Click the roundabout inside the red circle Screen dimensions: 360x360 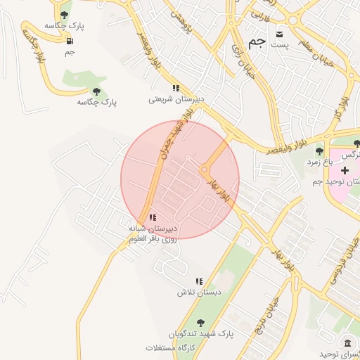[x=205, y=169]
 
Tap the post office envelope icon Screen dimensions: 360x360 [x=280, y=34]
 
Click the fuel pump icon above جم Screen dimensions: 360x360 [x=70, y=40]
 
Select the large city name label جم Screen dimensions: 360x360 [x=257, y=41]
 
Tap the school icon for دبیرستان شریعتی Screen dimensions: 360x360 [x=176, y=88]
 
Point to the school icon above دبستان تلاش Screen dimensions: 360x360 [x=198, y=281]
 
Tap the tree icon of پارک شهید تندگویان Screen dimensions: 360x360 [x=200, y=323]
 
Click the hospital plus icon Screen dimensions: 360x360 [x=344, y=171]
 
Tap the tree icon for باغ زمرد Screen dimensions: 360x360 [x=319, y=150]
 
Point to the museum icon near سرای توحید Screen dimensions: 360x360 [x=347, y=342]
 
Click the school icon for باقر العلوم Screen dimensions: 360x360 [x=153, y=218]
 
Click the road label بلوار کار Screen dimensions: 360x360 [x=344, y=103]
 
